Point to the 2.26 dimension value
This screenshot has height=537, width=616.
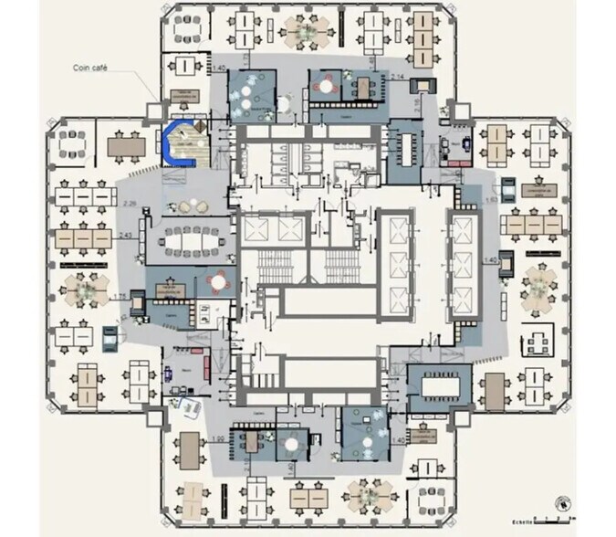click(129, 202)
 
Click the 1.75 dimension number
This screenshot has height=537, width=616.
click(120, 296)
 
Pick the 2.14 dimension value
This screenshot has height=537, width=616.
click(398, 75)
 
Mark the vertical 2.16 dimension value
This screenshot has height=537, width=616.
click(416, 107)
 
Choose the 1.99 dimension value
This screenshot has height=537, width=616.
click(217, 441)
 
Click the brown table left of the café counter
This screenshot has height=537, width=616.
click(126, 146)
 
